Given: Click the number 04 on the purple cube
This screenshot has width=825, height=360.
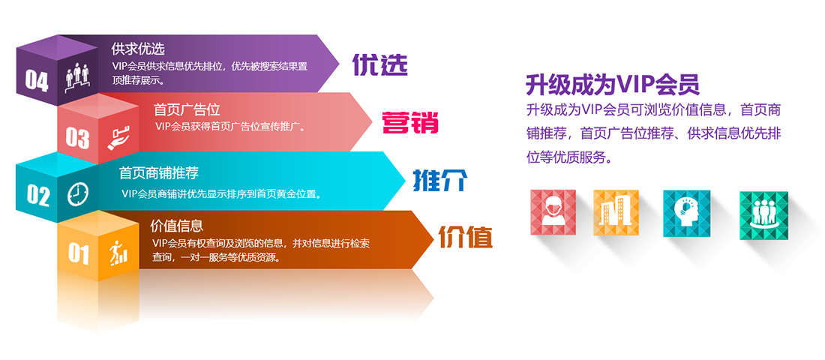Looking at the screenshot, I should point(37,79).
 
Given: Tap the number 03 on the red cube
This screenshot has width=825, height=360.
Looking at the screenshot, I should point(77,137).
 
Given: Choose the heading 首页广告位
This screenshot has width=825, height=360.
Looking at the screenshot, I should point(187,110).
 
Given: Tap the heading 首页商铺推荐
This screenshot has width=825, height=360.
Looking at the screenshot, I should point(159,173).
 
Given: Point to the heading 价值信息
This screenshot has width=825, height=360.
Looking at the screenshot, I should point(177,226).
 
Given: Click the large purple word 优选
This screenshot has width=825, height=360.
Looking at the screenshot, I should point(379,65).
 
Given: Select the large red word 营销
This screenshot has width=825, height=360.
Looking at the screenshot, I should point(409,122).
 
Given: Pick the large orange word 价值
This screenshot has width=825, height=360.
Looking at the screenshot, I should point(465,237).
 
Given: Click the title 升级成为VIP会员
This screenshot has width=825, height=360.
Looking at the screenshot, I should point(612,83).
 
